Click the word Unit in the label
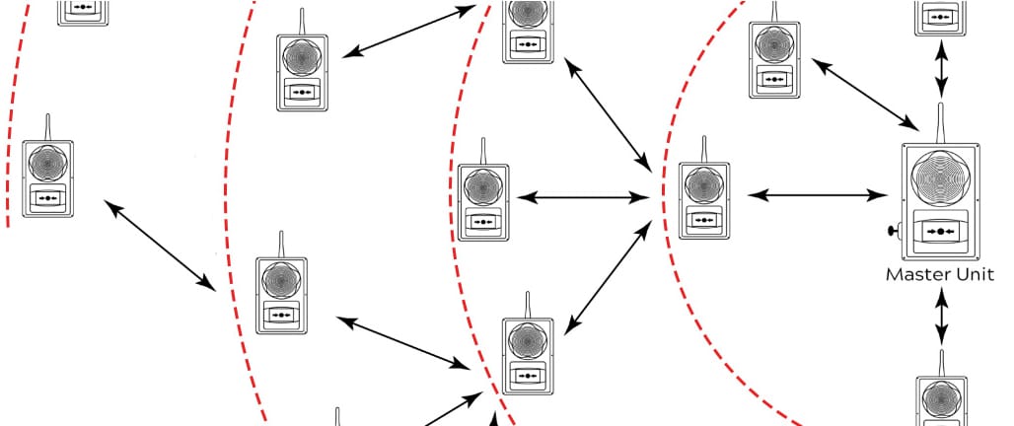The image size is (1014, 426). pyautogui.click(x=976, y=274)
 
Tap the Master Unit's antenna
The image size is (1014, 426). pyautogui.click(x=940, y=123)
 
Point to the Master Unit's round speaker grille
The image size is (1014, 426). pyautogui.click(x=940, y=177)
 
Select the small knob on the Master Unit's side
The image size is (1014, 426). pyautogui.click(x=894, y=230)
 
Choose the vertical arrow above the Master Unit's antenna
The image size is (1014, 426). pyautogui.click(x=942, y=68)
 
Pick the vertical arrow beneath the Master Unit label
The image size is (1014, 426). pyautogui.click(x=942, y=317)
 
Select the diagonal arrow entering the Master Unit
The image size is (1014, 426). pyautogui.click(x=865, y=95)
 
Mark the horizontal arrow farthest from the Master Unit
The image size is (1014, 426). pyautogui.click(x=583, y=198)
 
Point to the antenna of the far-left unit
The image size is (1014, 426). pyautogui.click(x=48, y=128)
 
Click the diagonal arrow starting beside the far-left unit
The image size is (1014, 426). pyautogui.click(x=160, y=246)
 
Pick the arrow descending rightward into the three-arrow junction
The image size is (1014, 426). pyautogui.click(x=608, y=115)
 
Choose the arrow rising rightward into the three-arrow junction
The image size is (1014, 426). pyautogui.click(x=609, y=277)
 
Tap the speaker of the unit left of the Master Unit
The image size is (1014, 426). pyautogui.click(x=704, y=185)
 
